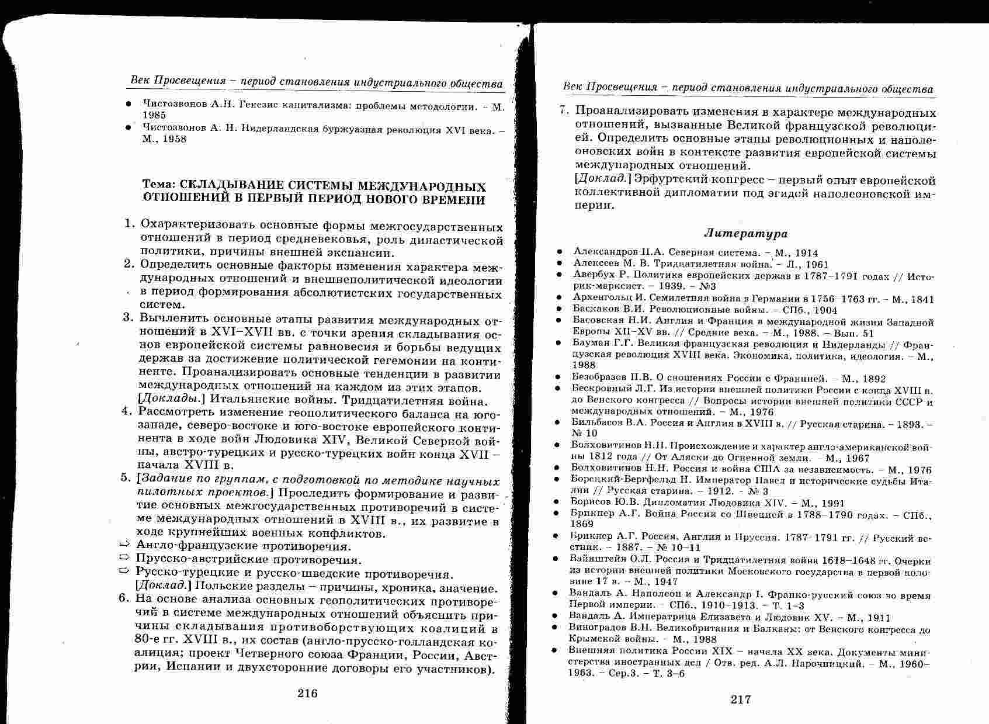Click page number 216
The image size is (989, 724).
[x=307, y=694]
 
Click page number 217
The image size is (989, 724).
[x=741, y=699]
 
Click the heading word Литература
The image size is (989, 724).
[x=745, y=234]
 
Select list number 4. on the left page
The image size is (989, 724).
[x=127, y=411]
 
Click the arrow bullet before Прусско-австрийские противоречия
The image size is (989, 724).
[x=124, y=559]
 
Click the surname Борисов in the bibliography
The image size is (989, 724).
[x=589, y=503]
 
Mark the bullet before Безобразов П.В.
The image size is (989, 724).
[x=558, y=379]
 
